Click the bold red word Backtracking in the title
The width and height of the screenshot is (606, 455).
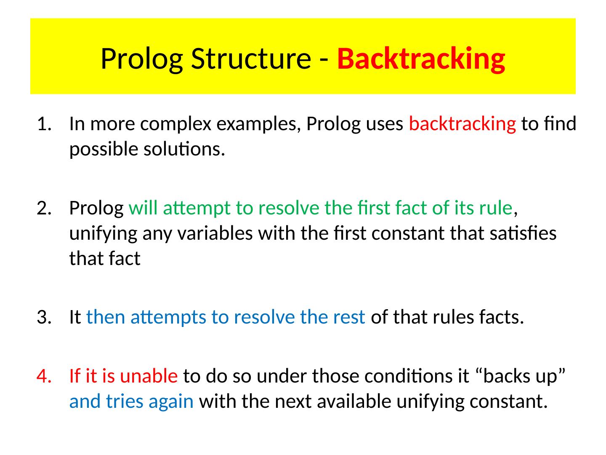coord(421,59)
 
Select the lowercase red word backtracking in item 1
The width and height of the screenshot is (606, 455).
coord(462,124)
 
